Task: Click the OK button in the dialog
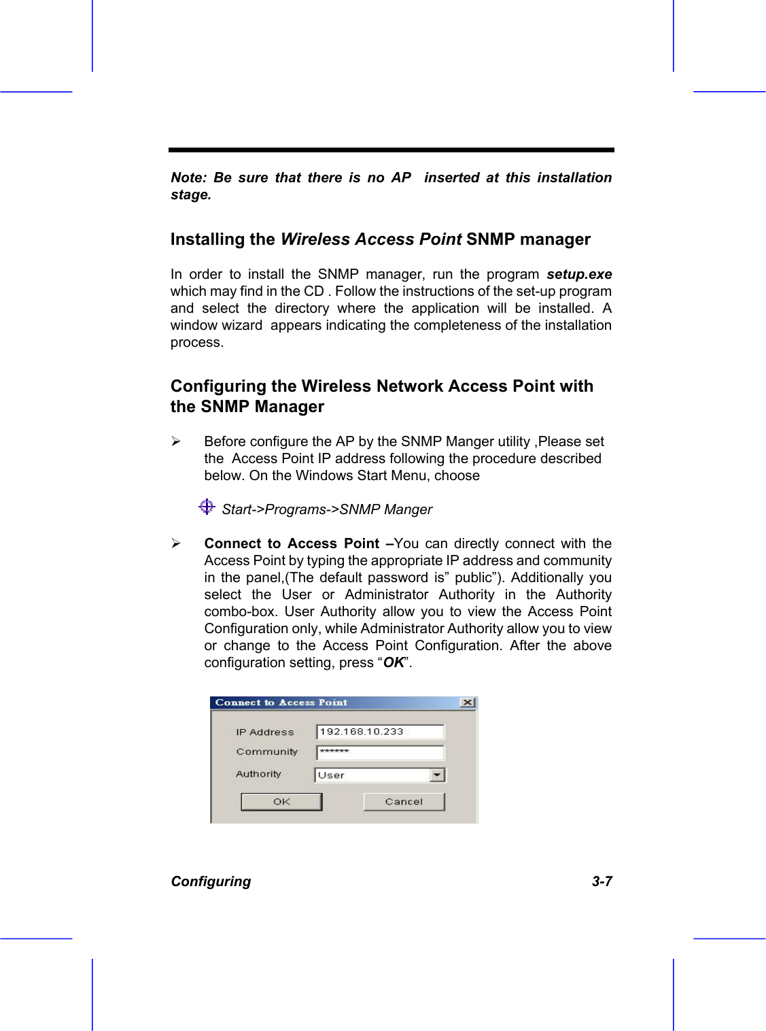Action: (281, 802)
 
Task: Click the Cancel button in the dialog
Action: (404, 802)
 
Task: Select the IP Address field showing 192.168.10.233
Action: (379, 732)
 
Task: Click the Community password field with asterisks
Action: (379, 752)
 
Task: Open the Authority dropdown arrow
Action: (437, 775)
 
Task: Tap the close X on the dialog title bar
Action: (468, 703)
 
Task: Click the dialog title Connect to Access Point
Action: (281, 703)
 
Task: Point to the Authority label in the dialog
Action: (258, 774)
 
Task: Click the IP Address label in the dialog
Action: (264, 732)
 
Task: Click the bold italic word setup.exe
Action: (579, 274)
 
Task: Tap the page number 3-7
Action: (602, 881)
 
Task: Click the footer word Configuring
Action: (211, 881)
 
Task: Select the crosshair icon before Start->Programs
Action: (207, 507)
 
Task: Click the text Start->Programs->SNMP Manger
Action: (327, 509)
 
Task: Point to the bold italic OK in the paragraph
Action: (394, 662)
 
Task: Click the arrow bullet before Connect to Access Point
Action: (176, 543)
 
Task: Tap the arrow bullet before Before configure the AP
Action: (176, 441)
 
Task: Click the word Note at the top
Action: (187, 178)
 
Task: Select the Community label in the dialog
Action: (266, 751)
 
